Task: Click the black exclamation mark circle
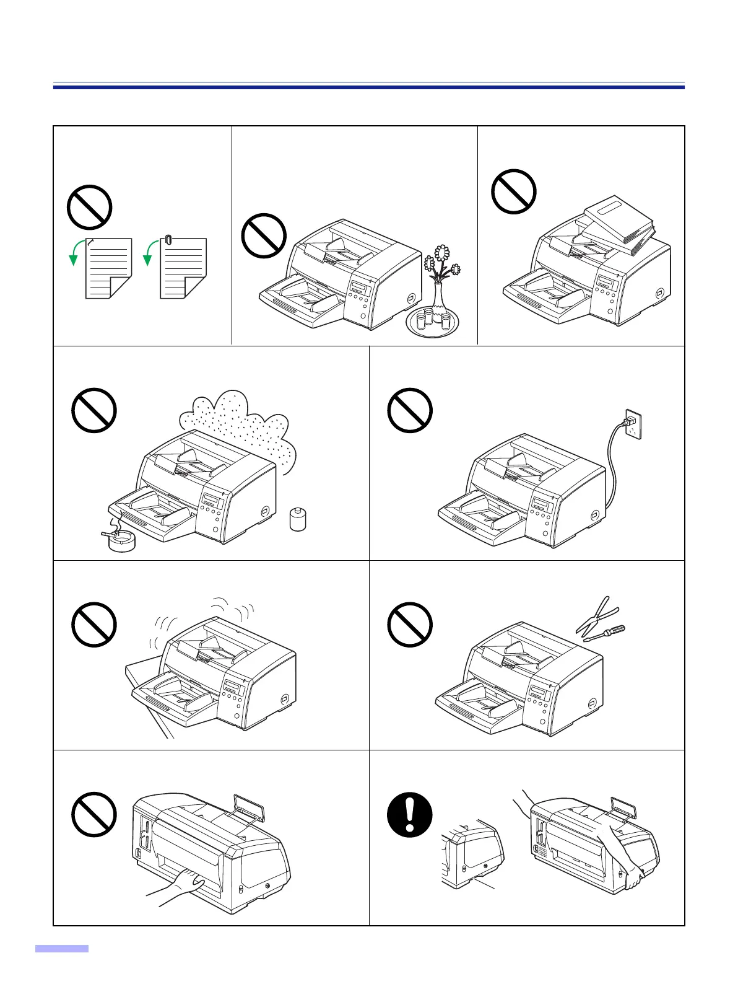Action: point(409,814)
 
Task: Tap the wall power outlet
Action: point(632,423)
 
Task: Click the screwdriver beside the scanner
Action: point(604,633)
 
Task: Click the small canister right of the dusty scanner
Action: point(298,519)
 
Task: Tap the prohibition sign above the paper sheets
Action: point(89,207)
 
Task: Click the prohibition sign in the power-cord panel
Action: point(409,410)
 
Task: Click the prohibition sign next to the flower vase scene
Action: point(263,235)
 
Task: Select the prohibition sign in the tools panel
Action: point(409,624)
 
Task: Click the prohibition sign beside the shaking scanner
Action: point(94,625)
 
